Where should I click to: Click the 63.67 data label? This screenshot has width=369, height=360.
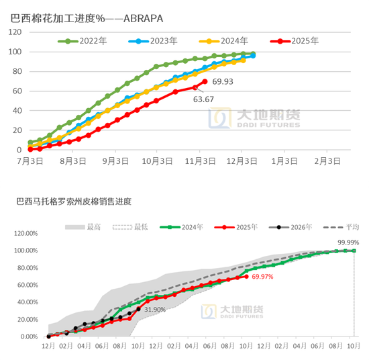click(204, 99)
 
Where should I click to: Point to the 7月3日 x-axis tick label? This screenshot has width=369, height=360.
click(30, 161)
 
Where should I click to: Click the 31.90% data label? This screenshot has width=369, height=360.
click(156, 310)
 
